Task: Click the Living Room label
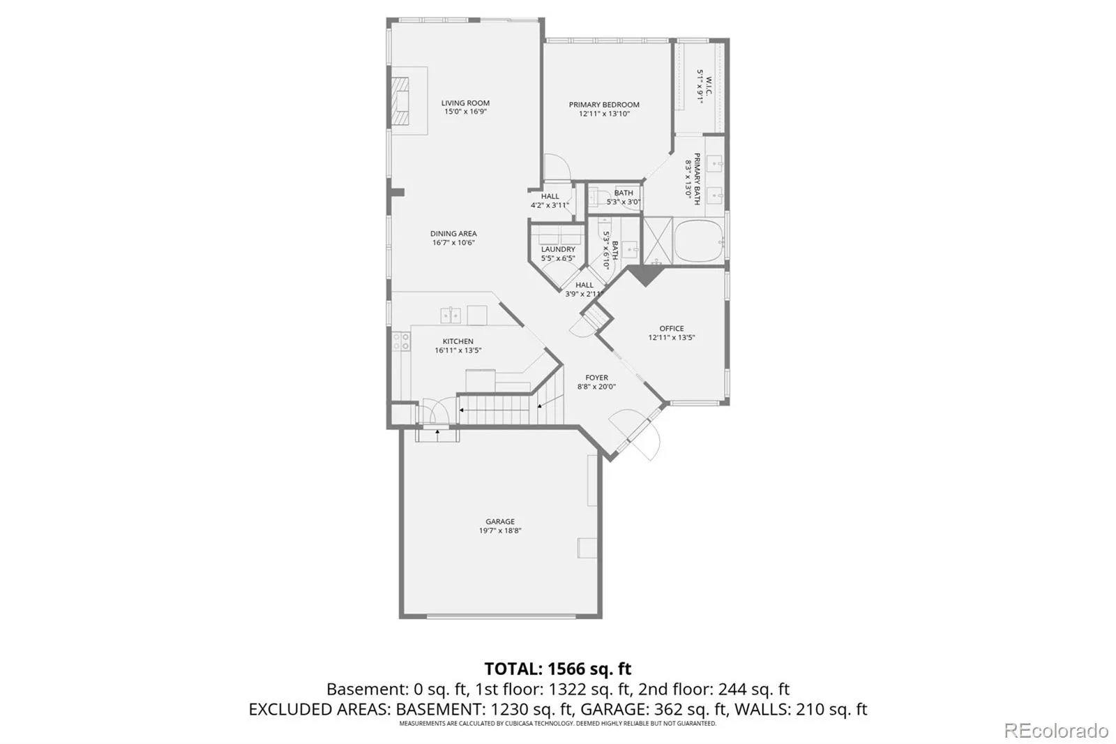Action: (465, 103)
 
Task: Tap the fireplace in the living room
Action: (400, 101)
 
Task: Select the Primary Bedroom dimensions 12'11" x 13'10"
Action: (604, 114)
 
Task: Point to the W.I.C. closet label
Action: (709, 86)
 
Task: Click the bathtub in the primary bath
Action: (698, 242)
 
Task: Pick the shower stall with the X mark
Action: (658, 241)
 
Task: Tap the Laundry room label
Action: (558, 249)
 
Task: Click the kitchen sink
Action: (451, 315)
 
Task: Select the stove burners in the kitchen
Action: (401, 341)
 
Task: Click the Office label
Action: (672, 328)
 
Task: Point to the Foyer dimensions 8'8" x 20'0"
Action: (596, 387)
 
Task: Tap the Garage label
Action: (500, 521)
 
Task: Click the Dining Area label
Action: (453, 233)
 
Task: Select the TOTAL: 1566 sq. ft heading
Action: (557, 668)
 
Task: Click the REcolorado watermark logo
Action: (1056, 731)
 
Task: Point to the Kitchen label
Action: (458, 341)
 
